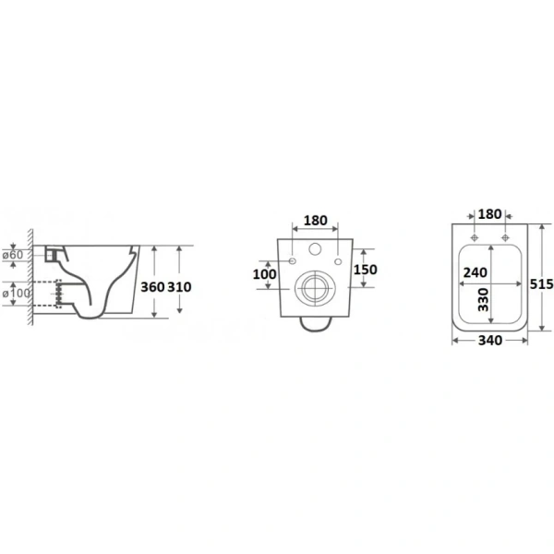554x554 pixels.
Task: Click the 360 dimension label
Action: tap(152, 287)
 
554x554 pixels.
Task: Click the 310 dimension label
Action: tap(179, 287)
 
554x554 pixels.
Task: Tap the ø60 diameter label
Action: tap(13, 255)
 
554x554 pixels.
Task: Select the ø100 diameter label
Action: tap(17, 293)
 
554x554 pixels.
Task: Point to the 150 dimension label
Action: tap(366, 270)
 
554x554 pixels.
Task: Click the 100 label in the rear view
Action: tap(265, 274)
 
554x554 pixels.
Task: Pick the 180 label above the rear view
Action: tap(316, 221)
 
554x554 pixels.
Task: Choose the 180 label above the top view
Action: tap(489, 214)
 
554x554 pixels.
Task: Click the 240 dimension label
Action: tap(476, 272)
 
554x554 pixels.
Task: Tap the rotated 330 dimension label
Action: tap(483, 299)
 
